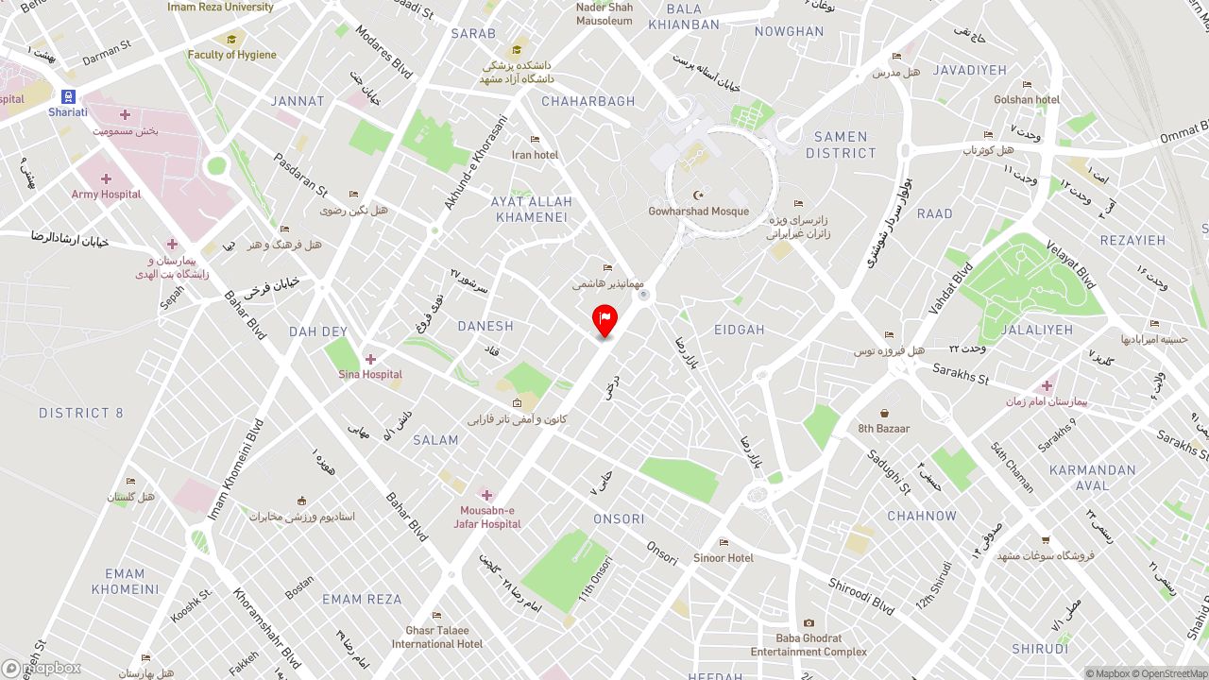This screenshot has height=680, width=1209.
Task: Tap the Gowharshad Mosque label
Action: click(x=698, y=211)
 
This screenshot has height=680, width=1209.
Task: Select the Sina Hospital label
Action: click(x=370, y=374)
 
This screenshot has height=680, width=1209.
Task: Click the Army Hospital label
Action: click(x=106, y=194)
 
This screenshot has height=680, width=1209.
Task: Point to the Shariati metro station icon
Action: click(x=68, y=97)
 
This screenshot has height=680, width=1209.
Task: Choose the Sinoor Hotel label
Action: click(x=724, y=557)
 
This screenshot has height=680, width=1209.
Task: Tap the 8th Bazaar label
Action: click(x=884, y=428)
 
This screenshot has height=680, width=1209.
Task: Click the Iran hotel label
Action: click(x=535, y=154)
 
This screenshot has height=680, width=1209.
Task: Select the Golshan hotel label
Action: click(x=1027, y=99)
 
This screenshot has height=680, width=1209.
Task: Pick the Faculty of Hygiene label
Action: click(x=232, y=54)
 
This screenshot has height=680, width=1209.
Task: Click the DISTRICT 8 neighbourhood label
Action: click(x=81, y=413)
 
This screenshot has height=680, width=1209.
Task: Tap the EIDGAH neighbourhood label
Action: click(x=740, y=330)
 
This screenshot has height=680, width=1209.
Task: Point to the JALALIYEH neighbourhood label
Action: click(x=1037, y=330)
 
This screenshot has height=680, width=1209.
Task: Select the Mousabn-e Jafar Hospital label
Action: click(x=487, y=517)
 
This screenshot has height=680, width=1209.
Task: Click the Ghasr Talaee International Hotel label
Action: click(x=437, y=637)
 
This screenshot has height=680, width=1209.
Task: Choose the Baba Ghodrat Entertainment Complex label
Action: click(x=809, y=645)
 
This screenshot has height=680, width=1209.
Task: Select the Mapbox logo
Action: click(x=42, y=668)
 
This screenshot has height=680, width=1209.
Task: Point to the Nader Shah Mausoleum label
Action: click(x=604, y=13)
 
